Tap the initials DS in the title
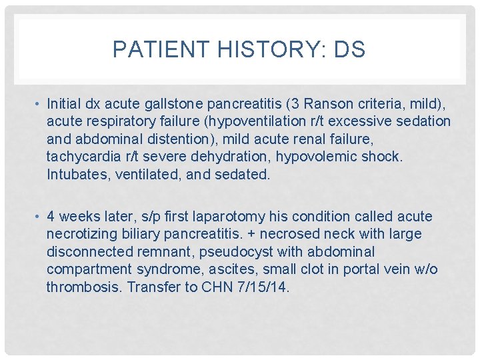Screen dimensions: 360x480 (349, 50)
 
